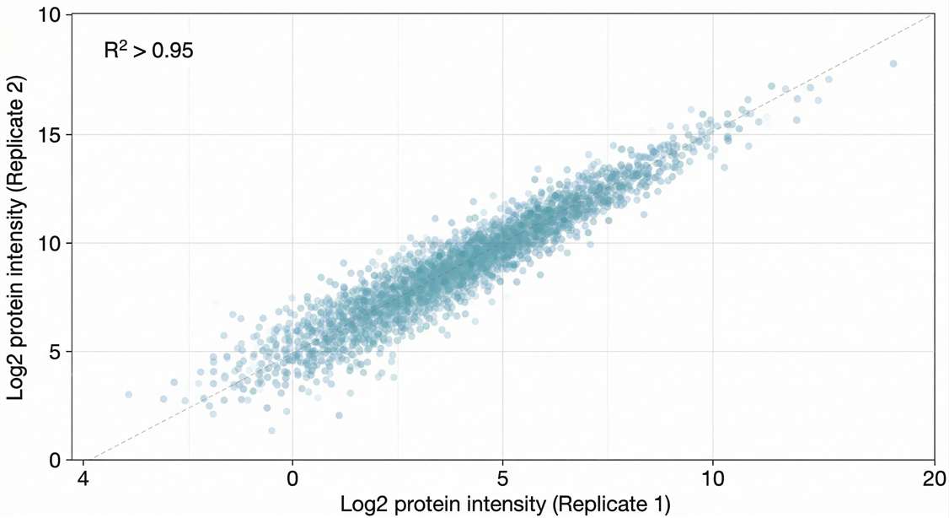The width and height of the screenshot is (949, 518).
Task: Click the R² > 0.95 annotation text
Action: tap(148, 51)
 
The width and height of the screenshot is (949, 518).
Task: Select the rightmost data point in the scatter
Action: tap(893, 63)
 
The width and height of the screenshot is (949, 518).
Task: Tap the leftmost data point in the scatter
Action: tap(128, 394)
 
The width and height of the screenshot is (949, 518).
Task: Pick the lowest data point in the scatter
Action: tap(271, 430)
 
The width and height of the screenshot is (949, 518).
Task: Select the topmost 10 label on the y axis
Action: tap(52, 16)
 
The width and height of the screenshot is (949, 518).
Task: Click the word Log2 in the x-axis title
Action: tap(362, 505)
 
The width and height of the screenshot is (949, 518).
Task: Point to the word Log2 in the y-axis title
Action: tap(17, 377)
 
